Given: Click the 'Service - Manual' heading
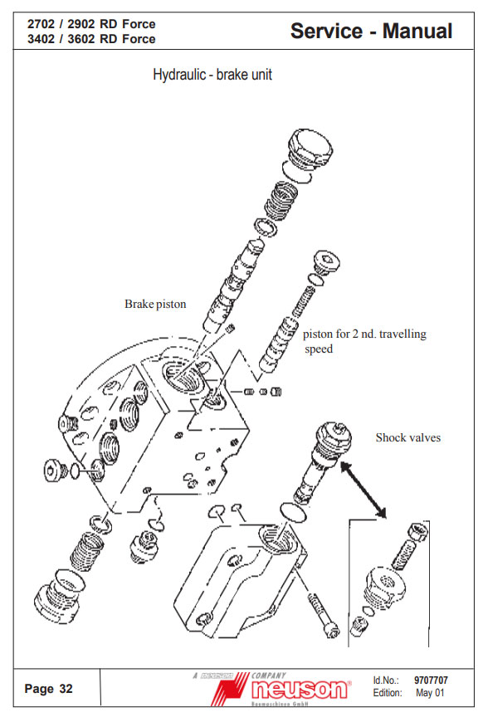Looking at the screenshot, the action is (371, 31).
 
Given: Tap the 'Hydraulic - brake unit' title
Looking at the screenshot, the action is (212, 75).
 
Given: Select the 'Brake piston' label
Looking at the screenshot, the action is (155, 304).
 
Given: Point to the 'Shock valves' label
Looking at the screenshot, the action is (408, 437).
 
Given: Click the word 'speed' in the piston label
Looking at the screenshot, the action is (319, 349).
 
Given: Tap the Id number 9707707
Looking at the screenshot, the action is (431, 680).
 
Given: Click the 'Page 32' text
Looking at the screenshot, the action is (48, 689).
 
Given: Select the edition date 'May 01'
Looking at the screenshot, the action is (430, 693).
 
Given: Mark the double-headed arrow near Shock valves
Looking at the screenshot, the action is (364, 490).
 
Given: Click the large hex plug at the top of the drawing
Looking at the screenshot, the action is (310, 150).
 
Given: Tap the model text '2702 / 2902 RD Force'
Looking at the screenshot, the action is (91, 24).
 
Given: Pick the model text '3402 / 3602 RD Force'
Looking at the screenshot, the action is (91, 39).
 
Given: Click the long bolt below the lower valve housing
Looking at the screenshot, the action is (324, 615).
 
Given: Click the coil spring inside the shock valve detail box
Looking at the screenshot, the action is (404, 554).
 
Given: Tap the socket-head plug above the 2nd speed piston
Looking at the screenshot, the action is (326, 262).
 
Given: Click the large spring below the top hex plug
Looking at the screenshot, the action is (280, 200).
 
